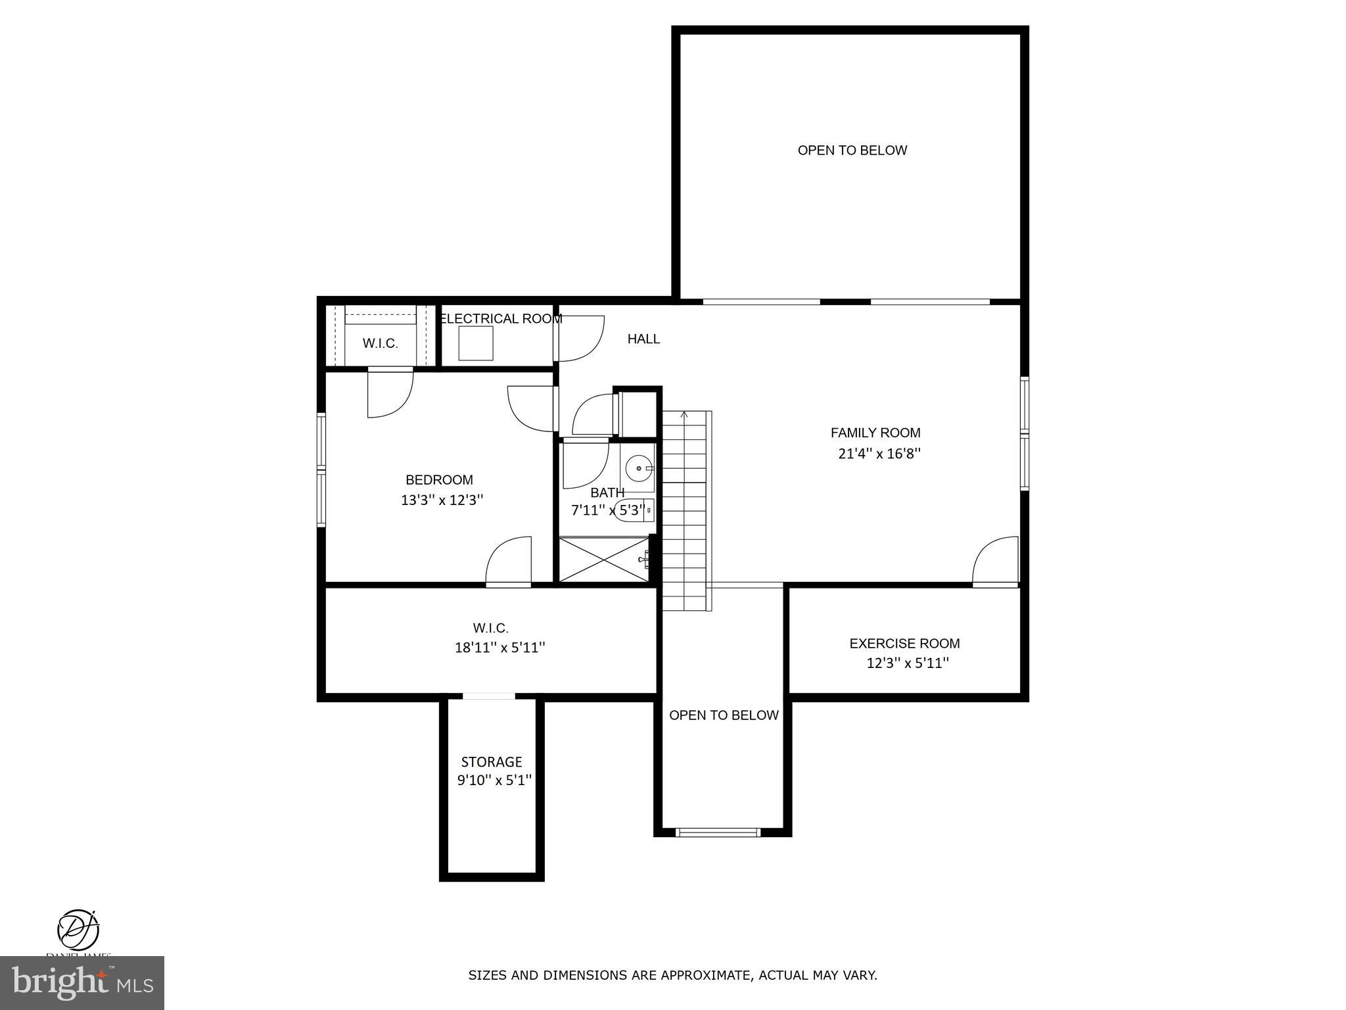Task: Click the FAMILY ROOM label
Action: pos(875,433)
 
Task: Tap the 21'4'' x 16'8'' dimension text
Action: pos(879,454)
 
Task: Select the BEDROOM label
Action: pos(439,480)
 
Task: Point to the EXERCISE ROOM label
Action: pos(904,644)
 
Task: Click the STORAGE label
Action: pos(491,762)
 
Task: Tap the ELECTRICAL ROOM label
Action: pos(500,319)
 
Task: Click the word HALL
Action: pos(643,339)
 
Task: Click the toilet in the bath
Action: pos(631,510)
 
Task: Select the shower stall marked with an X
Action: pos(603,560)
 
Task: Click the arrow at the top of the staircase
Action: pos(684,415)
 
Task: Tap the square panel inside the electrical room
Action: pos(475,343)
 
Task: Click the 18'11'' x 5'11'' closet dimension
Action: pos(499,648)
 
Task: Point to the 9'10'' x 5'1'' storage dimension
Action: pos(494,781)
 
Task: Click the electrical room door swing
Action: pos(580,339)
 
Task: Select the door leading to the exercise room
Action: pos(995,562)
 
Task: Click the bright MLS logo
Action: pos(81,983)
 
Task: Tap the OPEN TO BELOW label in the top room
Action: pos(852,151)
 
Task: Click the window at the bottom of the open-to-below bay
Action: pos(718,832)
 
